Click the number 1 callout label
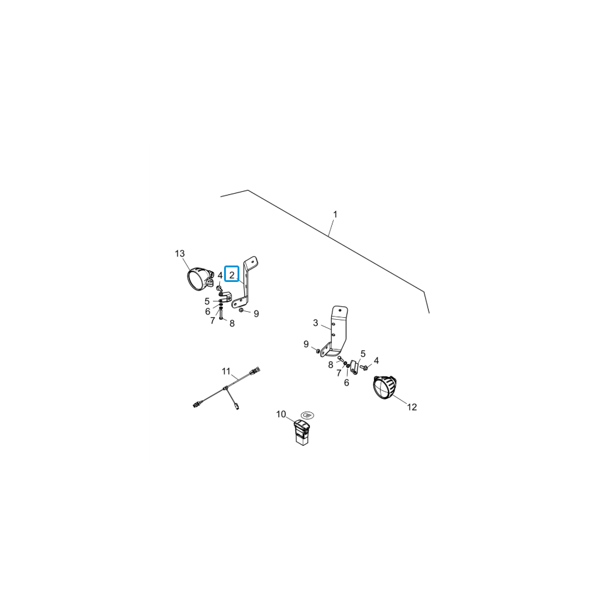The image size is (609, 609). [x=335, y=214]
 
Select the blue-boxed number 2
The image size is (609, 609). [x=232, y=275]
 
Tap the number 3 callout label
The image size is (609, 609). [x=315, y=323]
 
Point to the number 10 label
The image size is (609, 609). [x=281, y=414]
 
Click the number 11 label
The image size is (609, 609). [x=226, y=371]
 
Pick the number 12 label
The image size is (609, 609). [x=412, y=407]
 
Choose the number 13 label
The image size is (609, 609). [x=180, y=253]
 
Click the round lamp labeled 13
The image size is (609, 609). [x=200, y=278]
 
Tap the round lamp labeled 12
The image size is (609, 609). [x=384, y=387]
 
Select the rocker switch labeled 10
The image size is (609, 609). [x=301, y=432]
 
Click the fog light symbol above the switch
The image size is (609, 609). [x=308, y=415]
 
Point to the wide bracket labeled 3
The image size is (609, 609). [x=336, y=331]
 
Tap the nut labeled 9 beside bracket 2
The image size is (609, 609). [x=241, y=311]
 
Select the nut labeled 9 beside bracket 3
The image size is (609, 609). [x=318, y=351]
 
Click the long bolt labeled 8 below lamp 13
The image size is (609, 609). [x=220, y=314]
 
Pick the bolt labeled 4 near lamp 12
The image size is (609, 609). [x=364, y=367]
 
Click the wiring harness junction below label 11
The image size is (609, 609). [x=225, y=388]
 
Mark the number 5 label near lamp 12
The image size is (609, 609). [x=363, y=354]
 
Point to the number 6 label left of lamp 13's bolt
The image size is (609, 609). [x=208, y=312]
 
